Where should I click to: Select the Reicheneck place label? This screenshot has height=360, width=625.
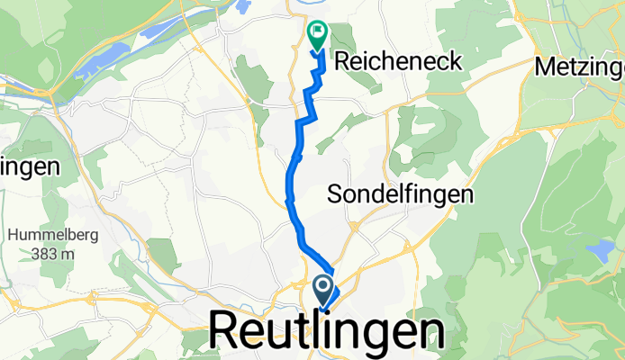399,61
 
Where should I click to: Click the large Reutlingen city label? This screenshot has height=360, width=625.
328,331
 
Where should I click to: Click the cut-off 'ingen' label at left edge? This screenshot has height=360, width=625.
30,166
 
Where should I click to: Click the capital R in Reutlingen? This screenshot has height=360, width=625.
225,331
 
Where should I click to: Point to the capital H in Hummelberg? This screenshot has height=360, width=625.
14,236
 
